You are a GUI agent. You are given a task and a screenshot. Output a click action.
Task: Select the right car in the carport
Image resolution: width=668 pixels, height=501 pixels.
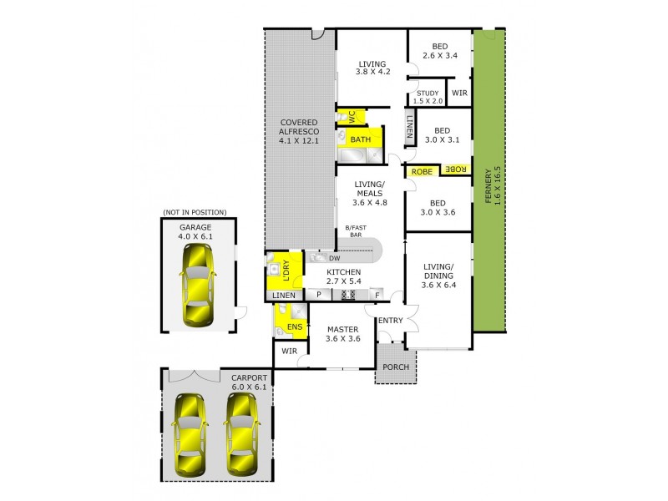pyautogui.click(x=241, y=433)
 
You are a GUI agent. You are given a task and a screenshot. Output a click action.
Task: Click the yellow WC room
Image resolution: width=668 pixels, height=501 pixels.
pyautogui.click(x=352, y=118)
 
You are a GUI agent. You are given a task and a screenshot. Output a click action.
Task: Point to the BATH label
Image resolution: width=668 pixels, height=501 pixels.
pyautogui.click(x=361, y=139)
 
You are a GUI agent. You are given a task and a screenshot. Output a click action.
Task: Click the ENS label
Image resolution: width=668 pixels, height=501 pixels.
pyautogui.click(x=293, y=326)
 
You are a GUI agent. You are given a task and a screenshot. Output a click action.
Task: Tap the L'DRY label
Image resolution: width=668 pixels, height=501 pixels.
pyautogui.click(x=285, y=271)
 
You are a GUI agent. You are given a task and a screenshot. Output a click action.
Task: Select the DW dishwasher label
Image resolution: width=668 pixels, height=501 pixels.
pyautogui.click(x=334, y=259)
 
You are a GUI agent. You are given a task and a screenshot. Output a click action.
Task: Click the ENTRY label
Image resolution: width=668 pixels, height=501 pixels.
pyautogui.click(x=390, y=320)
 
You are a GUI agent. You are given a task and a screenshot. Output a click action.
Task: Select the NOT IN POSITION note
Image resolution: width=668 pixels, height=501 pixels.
pyautogui.click(x=197, y=213)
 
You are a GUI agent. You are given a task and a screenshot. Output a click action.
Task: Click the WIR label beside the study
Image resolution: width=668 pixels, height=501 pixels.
pyautogui.click(x=459, y=93)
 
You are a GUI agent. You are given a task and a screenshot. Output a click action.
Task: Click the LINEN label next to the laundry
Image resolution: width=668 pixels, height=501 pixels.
pyautogui.click(x=284, y=295)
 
